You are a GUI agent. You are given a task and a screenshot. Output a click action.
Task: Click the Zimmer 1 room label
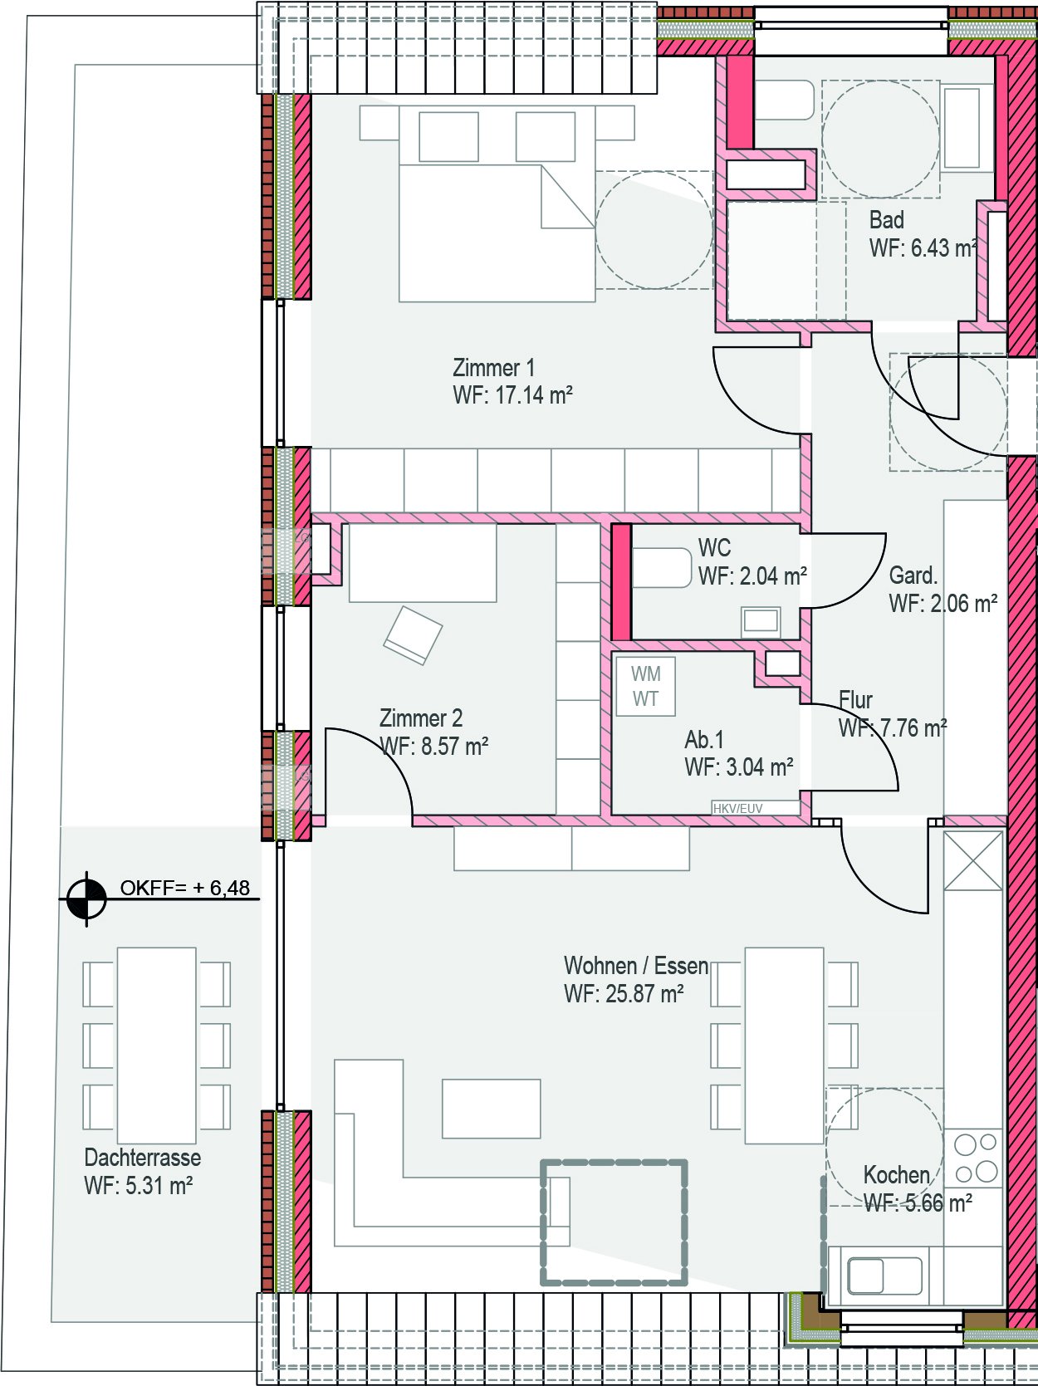[x=493, y=368]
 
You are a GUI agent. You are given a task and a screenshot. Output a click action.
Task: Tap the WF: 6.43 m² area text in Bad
[x=923, y=248]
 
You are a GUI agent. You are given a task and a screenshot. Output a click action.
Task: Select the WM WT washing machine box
[x=645, y=687]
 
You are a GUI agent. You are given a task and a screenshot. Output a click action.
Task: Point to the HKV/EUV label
[x=737, y=808]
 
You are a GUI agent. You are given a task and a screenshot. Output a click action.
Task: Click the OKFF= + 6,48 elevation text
[x=185, y=888]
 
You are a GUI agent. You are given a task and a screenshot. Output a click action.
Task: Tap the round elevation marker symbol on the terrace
[x=86, y=899]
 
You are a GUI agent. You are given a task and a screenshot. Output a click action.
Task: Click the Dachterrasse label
[x=143, y=1158]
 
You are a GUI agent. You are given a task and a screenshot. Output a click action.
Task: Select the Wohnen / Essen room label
[x=636, y=966]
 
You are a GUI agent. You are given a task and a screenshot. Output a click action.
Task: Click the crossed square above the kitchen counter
[x=973, y=860]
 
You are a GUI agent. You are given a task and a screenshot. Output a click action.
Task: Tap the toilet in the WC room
[x=663, y=568]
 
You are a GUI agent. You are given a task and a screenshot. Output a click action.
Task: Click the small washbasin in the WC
[x=761, y=621]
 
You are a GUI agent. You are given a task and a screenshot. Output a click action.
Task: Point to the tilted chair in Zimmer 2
[x=413, y=634]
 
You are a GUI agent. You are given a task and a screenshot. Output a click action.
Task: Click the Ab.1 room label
[x=704, y=739]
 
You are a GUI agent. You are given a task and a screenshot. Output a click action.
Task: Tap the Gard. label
[x=913, y=575]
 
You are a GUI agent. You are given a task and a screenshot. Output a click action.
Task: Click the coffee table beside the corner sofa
[x=492, y=1109]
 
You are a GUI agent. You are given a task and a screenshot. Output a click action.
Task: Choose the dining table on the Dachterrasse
[x=157, y=1046]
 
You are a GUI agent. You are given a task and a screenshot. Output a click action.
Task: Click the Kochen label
[x=897, y=1175]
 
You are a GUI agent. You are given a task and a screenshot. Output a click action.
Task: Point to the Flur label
[x=855, y=699]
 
